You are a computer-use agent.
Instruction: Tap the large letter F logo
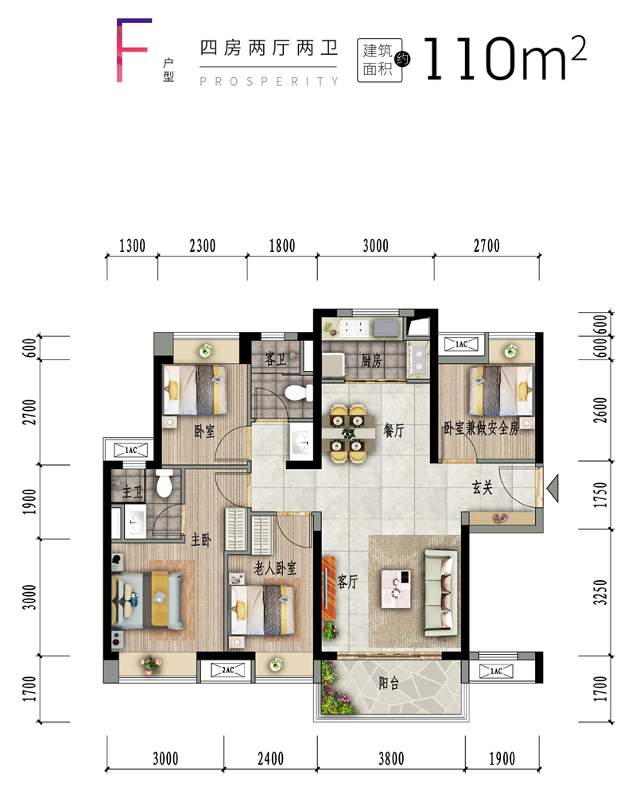pyautogui.click(x=134, y=50)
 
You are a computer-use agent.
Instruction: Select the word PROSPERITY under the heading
pyautogui.click(x=270, y=81)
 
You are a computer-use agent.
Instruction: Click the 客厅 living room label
pyautogui.click(x=347, y=582)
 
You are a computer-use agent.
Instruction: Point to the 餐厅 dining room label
pyautogui.click(x=394, y=430)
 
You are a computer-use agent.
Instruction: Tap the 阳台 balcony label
pyautogui.click(x=389, y=683)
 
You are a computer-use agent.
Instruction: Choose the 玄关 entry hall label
pyautogui.click(x=482, y=487)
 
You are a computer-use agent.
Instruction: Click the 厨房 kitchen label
pyautogui.click(x=371, y=361)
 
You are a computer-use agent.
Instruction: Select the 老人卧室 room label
pyautogui.click(x=275, y=568)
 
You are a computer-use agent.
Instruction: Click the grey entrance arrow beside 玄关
pyautogui.click(x=553, y=488)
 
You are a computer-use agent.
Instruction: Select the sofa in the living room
pyautogui.click(x=441, y=593)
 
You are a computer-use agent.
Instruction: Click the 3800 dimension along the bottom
pyautogui.click(x=391, y=758)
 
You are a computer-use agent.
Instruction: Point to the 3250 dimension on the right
pyautogui.click(x=600, y=592)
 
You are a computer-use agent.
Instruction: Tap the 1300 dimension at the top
pyautogui.click(x=132, y=246)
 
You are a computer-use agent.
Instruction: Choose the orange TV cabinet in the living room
pyautogui.click(x=328, y=588)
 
